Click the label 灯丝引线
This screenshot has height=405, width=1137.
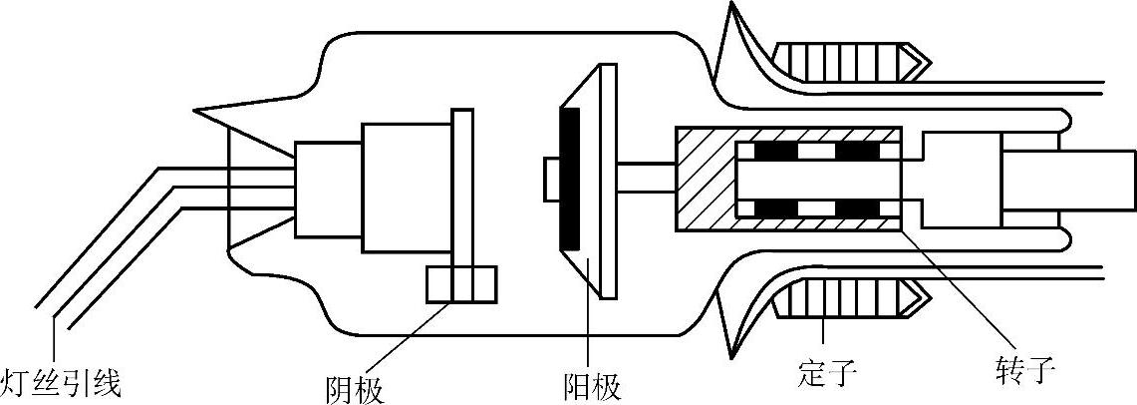(61, 384)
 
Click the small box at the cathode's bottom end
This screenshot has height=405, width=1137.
(460, 284)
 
